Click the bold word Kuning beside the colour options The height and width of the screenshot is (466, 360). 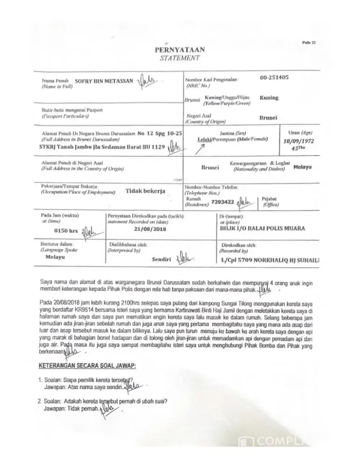[x=270, y=98]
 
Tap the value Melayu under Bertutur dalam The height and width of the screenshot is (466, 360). [x=55, y=257]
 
